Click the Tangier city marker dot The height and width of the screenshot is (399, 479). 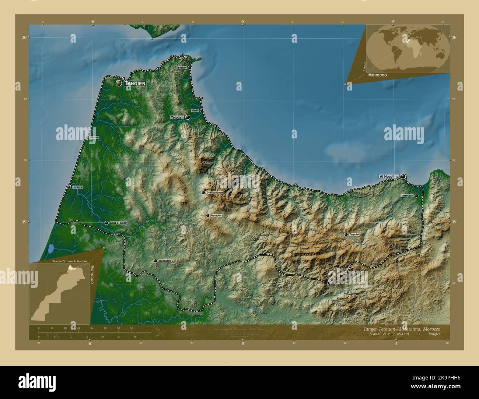point(119,84)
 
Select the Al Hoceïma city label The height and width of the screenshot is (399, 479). point(389,177)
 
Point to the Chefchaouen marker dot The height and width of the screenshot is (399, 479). point(203,193)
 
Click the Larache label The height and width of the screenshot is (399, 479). point(77,187)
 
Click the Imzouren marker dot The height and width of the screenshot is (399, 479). point(416,196)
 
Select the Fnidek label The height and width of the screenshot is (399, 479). point(182,68)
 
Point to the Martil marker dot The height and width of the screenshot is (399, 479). point(202,110)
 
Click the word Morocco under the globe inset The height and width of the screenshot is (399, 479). point(377,75)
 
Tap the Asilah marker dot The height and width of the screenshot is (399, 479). point(87,138)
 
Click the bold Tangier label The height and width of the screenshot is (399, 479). point(135,84)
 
